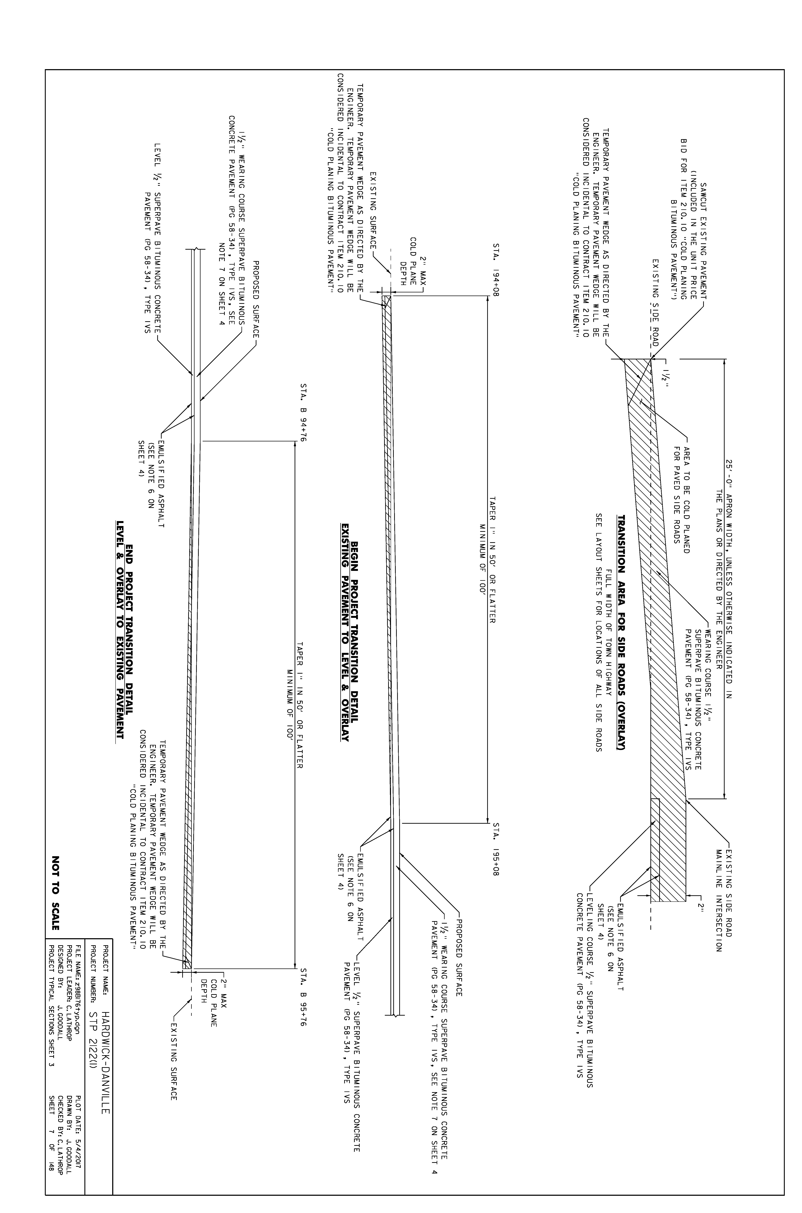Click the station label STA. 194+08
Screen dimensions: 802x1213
coord(496,266)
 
